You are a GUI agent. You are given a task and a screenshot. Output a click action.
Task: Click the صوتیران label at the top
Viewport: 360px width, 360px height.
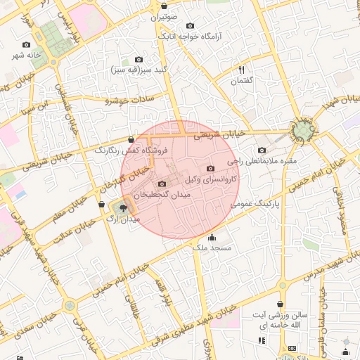tap(165, 15)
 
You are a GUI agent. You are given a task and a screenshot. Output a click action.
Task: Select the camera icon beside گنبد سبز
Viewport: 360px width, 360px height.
tap(139, 60)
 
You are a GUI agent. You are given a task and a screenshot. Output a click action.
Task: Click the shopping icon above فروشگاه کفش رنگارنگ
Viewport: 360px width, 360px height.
tap(131, 139)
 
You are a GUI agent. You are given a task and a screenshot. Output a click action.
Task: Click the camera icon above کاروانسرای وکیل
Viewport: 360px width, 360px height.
tap(211, 168)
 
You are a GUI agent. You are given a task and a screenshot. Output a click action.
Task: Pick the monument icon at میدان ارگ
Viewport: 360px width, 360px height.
tap(124, 207)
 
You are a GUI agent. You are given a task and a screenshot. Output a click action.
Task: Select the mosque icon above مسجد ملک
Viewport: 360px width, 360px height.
tap(213, 237)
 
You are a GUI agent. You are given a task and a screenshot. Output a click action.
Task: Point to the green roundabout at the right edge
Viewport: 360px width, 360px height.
tap(303, 131)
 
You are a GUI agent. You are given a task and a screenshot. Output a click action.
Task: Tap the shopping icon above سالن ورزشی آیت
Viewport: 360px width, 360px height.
tap(281, 304)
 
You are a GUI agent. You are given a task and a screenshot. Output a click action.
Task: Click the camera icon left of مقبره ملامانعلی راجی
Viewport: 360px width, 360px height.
tap(262, 150)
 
